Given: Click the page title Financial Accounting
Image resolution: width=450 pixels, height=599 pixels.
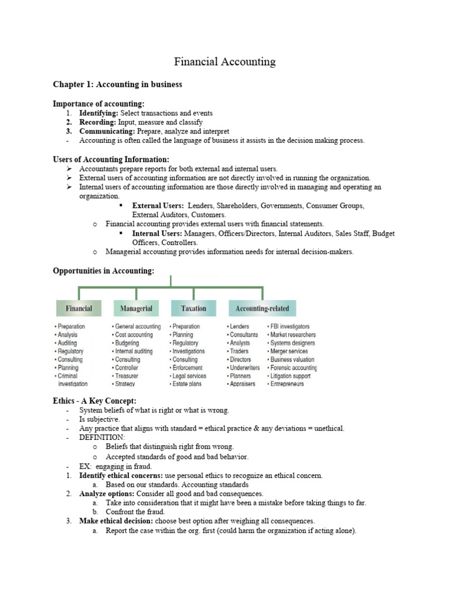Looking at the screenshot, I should [x=225, y=61].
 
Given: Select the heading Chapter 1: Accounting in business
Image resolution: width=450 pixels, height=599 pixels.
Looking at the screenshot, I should [x=117, y=84].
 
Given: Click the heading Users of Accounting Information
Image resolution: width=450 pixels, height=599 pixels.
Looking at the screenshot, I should [x=111, y=159].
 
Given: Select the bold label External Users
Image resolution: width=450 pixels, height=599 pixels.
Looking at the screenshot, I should [x=158, y=206].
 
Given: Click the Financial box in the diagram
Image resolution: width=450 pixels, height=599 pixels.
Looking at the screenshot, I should [x=79, y=308].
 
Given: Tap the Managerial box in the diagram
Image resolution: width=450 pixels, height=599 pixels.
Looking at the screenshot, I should [x=136, y=308].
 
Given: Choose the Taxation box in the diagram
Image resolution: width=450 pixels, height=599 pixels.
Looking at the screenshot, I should [x=193, y=308].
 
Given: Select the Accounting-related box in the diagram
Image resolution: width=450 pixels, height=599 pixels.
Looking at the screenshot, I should [x=262, y=308].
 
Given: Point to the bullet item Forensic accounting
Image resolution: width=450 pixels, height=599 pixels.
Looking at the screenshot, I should [x=293, y=368].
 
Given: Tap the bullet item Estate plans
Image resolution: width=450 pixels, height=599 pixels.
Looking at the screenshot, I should [x=186, y=384].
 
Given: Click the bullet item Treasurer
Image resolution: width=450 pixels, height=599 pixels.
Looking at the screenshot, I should [x=127, y=376].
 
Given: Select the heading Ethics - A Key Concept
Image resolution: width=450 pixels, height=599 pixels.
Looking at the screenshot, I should [x=94, y=400].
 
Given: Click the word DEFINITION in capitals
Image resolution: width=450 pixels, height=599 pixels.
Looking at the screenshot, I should [x=102, y=437].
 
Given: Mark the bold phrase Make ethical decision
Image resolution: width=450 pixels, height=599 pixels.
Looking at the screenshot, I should [x=117, y=521].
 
